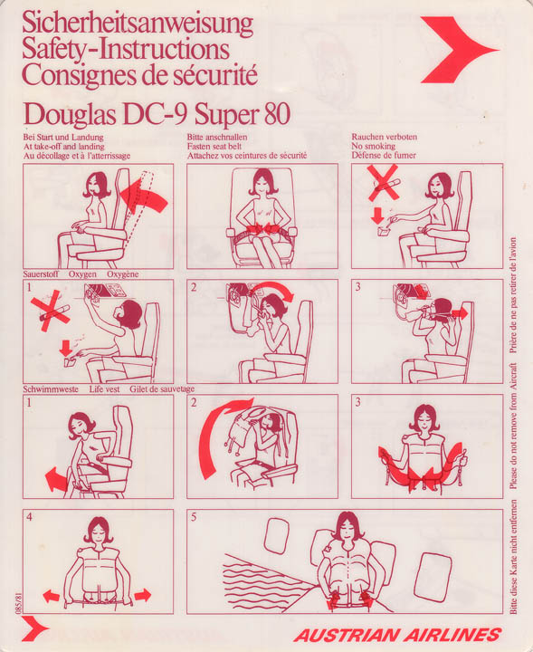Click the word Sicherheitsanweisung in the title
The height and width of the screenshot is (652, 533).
coord(137,24)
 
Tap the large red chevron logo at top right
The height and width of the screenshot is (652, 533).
coord(457,50)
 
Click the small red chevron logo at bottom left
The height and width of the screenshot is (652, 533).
coord(34,628)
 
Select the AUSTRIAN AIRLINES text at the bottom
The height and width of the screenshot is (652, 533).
coord(397,635)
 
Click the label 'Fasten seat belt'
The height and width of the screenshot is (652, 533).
coord(214,147)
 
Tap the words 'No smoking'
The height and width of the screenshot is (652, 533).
coord(373,147)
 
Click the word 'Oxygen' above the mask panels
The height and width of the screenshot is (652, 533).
coord(82,274)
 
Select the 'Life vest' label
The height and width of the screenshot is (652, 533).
coord(104,389)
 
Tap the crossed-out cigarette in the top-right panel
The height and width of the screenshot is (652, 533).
coord(383,183)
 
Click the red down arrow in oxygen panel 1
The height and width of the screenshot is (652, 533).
coord(66,348)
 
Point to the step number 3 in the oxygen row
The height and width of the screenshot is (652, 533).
coord(357,287)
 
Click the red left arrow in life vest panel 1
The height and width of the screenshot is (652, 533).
coord(56,479)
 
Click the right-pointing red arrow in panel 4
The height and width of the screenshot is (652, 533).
coord(142,595)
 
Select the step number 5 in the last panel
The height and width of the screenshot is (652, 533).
coord(194,517)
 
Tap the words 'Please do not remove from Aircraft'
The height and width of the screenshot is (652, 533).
coord(513,427)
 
